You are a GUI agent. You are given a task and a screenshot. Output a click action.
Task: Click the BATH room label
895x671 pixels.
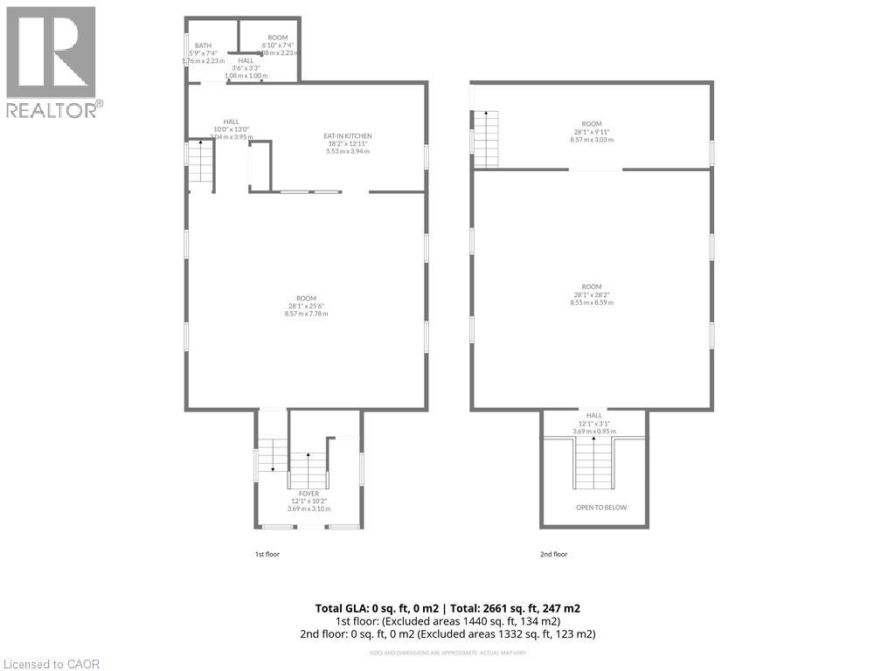click(x=203, y=45)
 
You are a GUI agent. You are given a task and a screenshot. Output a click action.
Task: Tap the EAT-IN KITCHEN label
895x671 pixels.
click(x=348, y=135)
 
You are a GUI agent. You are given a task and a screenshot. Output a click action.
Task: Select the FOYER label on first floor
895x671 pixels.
click(x=309, y=493)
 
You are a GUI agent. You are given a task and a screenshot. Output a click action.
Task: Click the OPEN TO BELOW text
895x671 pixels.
click(x=600, y=508)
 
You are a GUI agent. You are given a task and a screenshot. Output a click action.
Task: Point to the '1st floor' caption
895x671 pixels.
click(x=267, y=554)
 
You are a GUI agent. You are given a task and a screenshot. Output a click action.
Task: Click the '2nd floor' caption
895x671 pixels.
click(x=553, y=554)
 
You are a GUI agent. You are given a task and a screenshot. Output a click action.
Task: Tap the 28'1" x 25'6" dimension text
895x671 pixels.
click(x=306, y=306)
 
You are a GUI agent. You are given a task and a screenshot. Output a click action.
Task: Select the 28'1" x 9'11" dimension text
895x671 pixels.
click(x=592, y=132)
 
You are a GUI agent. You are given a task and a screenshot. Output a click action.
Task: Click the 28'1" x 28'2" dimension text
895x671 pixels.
click(x=592, y=295)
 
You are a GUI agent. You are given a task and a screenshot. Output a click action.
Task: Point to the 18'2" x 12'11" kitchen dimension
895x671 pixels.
click(x=348, y=144)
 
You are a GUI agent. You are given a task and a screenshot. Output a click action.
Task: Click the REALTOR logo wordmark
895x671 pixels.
click(x=54, y=109)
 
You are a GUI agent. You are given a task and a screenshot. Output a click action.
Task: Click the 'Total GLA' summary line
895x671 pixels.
click(x=447, y=608)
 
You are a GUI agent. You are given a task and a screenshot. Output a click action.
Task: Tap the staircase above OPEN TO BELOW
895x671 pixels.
click(x=593, y=463)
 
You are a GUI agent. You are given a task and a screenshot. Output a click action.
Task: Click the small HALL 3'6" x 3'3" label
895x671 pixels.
click(x=246, y=60)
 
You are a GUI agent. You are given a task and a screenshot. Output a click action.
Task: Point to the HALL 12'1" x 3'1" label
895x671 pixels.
click(x=593, y=416)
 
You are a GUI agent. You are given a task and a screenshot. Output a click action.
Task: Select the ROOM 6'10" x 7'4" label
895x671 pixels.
click(x=278, y=38)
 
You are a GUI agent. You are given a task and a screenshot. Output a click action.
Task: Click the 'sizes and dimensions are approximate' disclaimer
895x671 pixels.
click(x=447, y=653)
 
